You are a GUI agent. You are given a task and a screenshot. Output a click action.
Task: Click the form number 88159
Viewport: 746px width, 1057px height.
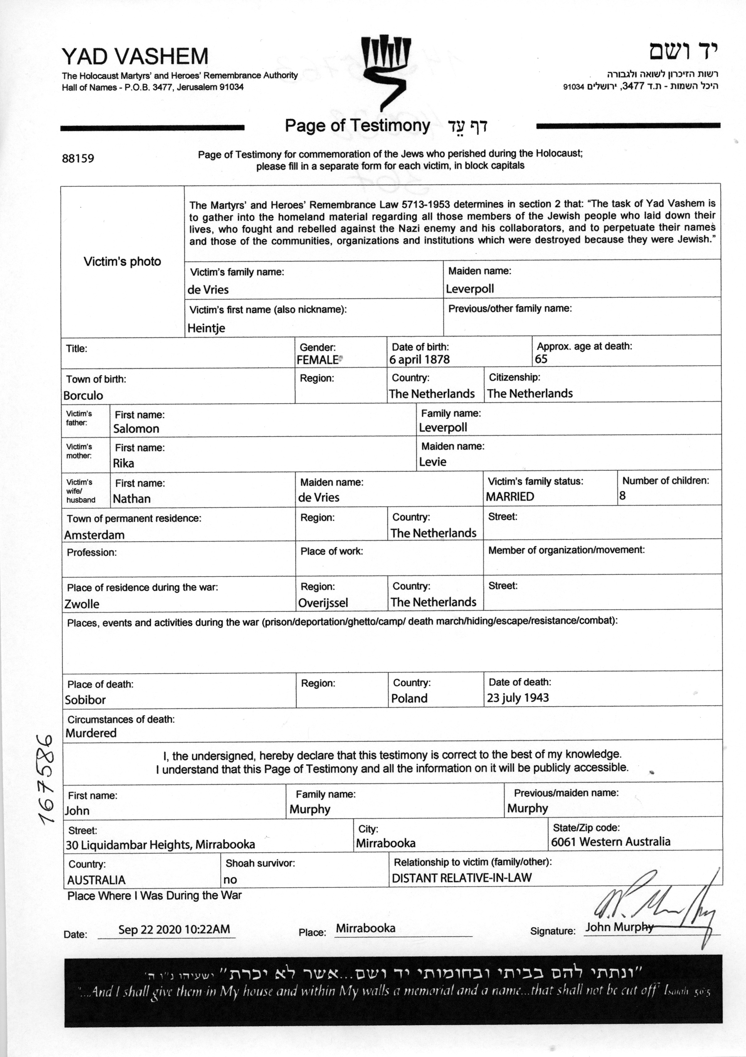(x=78, y=158)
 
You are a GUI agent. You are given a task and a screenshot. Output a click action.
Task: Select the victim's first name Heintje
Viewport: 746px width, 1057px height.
(x=206, y=328)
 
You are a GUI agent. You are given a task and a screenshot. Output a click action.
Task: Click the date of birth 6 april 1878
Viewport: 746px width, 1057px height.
(x=420, y=360)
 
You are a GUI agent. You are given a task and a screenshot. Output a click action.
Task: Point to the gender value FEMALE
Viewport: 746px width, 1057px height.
(x=318, y=360)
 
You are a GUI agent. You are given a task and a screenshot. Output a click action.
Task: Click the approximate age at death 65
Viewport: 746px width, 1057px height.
(x=541, y=359)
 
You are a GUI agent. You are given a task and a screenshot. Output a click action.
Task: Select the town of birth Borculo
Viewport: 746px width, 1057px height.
(x=83, y=395)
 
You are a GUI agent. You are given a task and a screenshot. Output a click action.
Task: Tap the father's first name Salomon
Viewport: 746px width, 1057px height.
(x=136, y=429)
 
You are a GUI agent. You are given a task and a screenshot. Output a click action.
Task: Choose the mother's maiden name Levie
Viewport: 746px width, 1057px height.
(x=433, y=462)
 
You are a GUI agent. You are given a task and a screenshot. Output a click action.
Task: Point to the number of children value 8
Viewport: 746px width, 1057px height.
(x=623, y=496)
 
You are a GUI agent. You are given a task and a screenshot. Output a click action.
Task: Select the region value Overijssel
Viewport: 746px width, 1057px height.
(x=323, y=603)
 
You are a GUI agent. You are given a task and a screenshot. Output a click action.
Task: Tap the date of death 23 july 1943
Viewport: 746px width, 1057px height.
(x=518, y=698)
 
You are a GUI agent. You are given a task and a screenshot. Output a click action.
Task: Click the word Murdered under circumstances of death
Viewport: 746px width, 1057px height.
(x=91, y=733)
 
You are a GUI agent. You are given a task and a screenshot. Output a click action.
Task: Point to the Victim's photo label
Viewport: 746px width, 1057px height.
(x=122, y=262)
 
